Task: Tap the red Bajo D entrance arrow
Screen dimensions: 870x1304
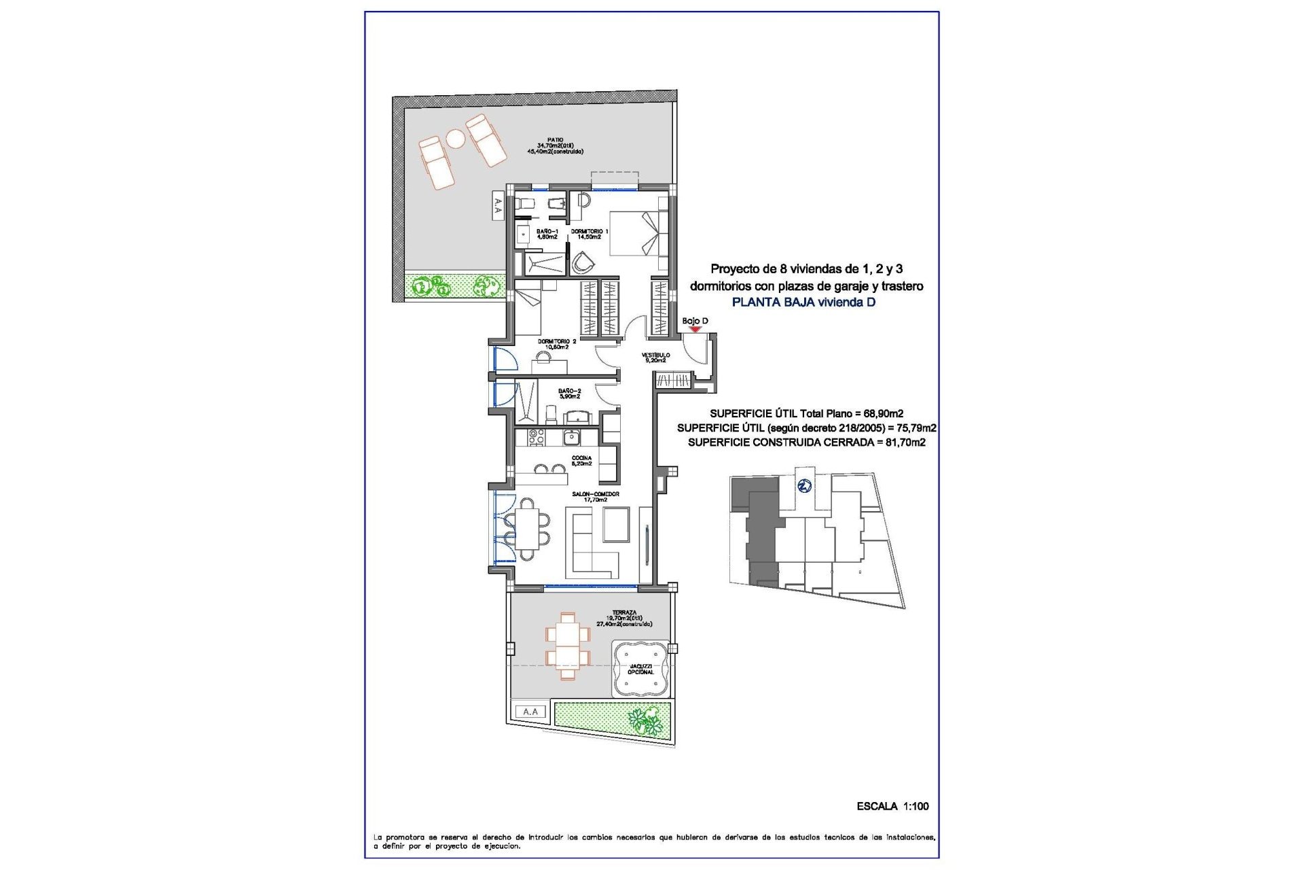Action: [x=695, y=330]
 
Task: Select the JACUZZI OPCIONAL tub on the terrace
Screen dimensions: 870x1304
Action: [x=640, y=669]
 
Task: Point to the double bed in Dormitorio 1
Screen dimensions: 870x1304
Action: [x=638, y=233]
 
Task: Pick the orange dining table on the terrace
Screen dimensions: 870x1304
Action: [x=568, y=646]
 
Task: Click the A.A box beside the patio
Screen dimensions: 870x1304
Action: [x=498, y=205]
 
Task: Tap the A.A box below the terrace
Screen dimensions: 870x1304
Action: [x=530, y=712]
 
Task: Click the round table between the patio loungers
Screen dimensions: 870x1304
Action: [x=455, y=139]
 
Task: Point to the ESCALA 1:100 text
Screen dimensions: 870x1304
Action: [x=892, y=806]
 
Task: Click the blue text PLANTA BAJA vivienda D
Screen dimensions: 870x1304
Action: [x=803, y=302]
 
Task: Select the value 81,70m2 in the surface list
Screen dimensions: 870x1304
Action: [x=905, y=442]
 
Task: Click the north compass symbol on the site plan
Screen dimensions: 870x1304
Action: [x=804, y=486]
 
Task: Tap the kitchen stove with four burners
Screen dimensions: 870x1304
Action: [x=537, y=437]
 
